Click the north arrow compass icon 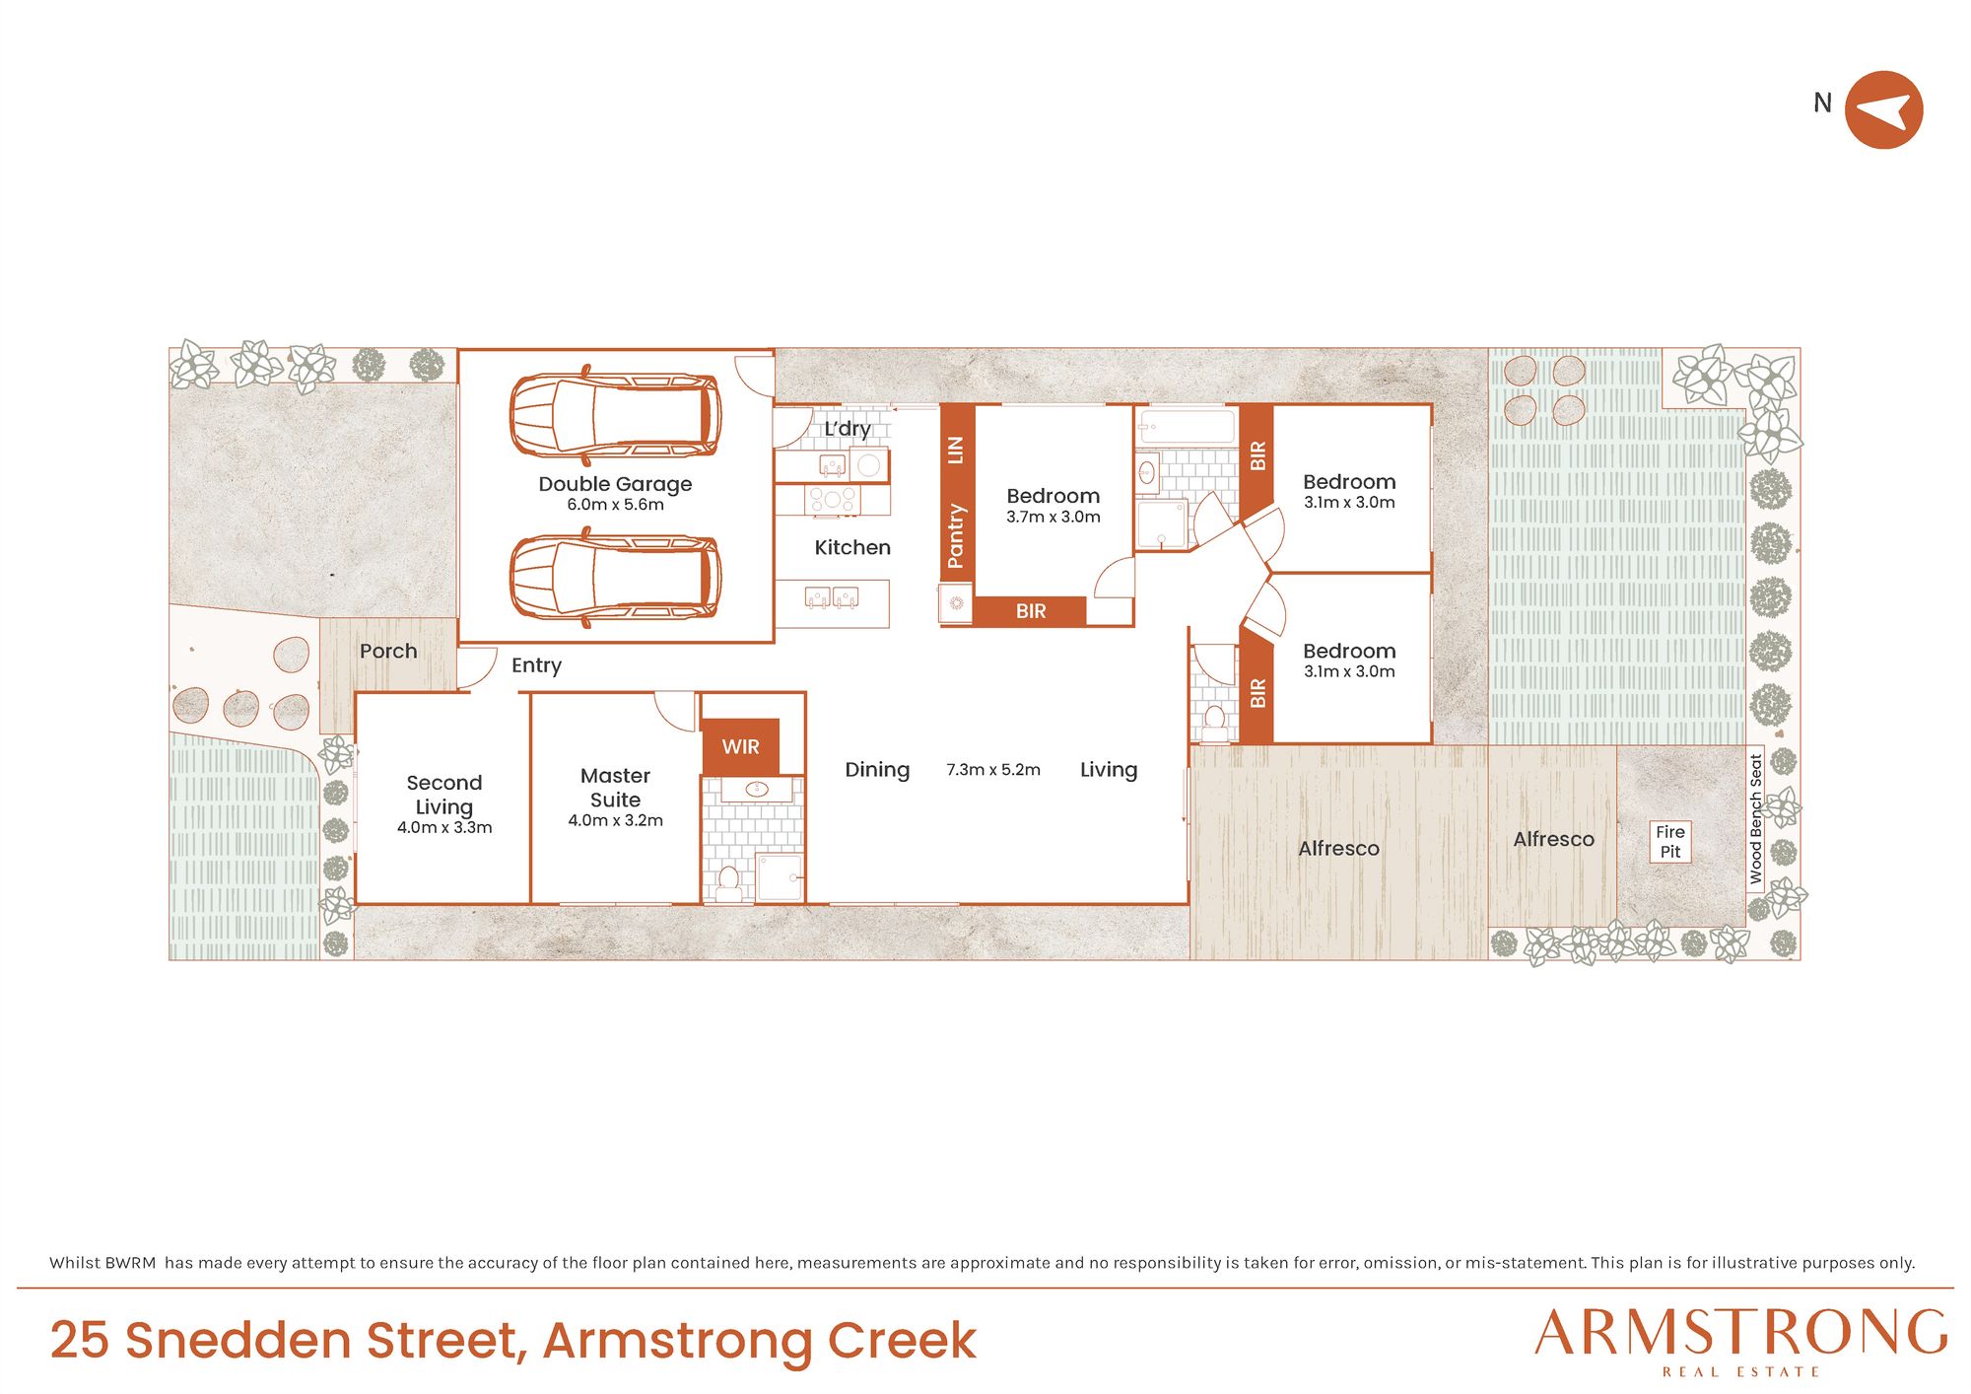click(1883, 109)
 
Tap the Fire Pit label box click(1670, 842)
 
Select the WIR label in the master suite click(740, 747)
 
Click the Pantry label click(955, 535)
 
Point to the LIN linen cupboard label click(955, 450)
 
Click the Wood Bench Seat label click(1755, 818)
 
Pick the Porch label click(388, 651)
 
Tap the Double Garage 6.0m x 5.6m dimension click(615, 505)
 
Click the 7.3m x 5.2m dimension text click(993, 770)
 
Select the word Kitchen click(852, 547)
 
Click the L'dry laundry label click(848, 429)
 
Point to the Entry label click(536, 665)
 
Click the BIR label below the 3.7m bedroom click(1031, 611)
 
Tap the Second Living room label click(444, 795)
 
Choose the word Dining click(877, 770)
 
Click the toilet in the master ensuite click(729, 883)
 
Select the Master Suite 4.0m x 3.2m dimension click(615, 820)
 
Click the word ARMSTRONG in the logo click(1741, 1333)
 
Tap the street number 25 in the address click(79, 1341)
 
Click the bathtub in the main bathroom click(1186, 427)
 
